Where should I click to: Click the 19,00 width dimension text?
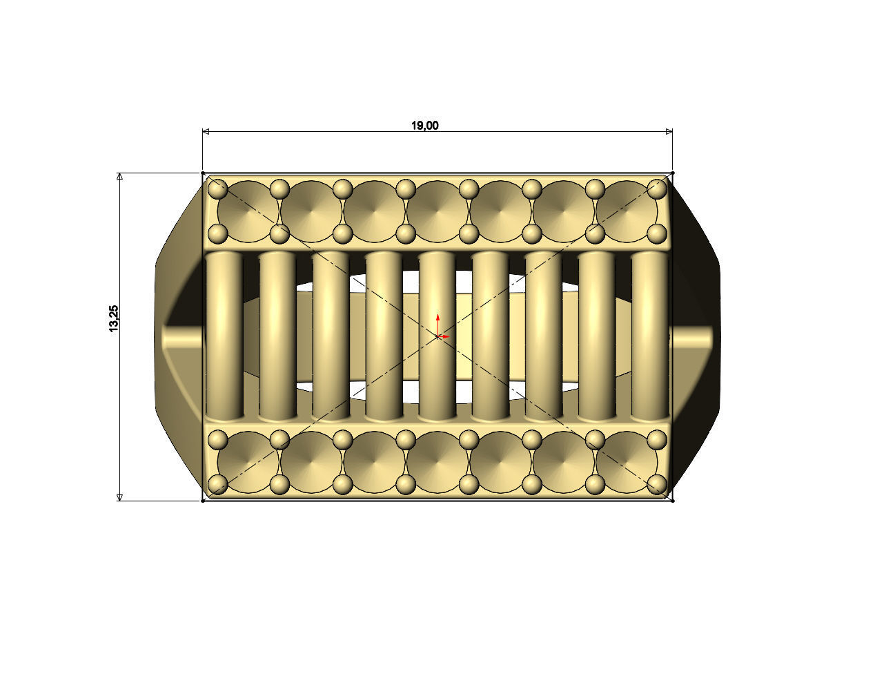click(x=424, y=125)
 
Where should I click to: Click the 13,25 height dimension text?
click(x=114, y=318)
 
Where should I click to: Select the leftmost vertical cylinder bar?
click(x=224, y=336)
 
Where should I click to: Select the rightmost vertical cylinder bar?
click(x=649, y=336)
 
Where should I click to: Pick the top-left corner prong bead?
click(x=218, y=188)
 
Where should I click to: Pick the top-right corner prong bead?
click(x=659, y=187)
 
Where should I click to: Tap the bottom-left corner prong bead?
click(x=218, y=484)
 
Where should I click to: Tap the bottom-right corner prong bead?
click(x=659, y=484)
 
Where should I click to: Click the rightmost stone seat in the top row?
click(x=625, y=212)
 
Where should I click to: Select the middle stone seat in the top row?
click(x=437, y=212)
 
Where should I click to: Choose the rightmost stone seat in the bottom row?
click(x=625, y=461)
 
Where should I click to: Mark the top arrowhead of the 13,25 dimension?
click(x=119, y=177)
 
